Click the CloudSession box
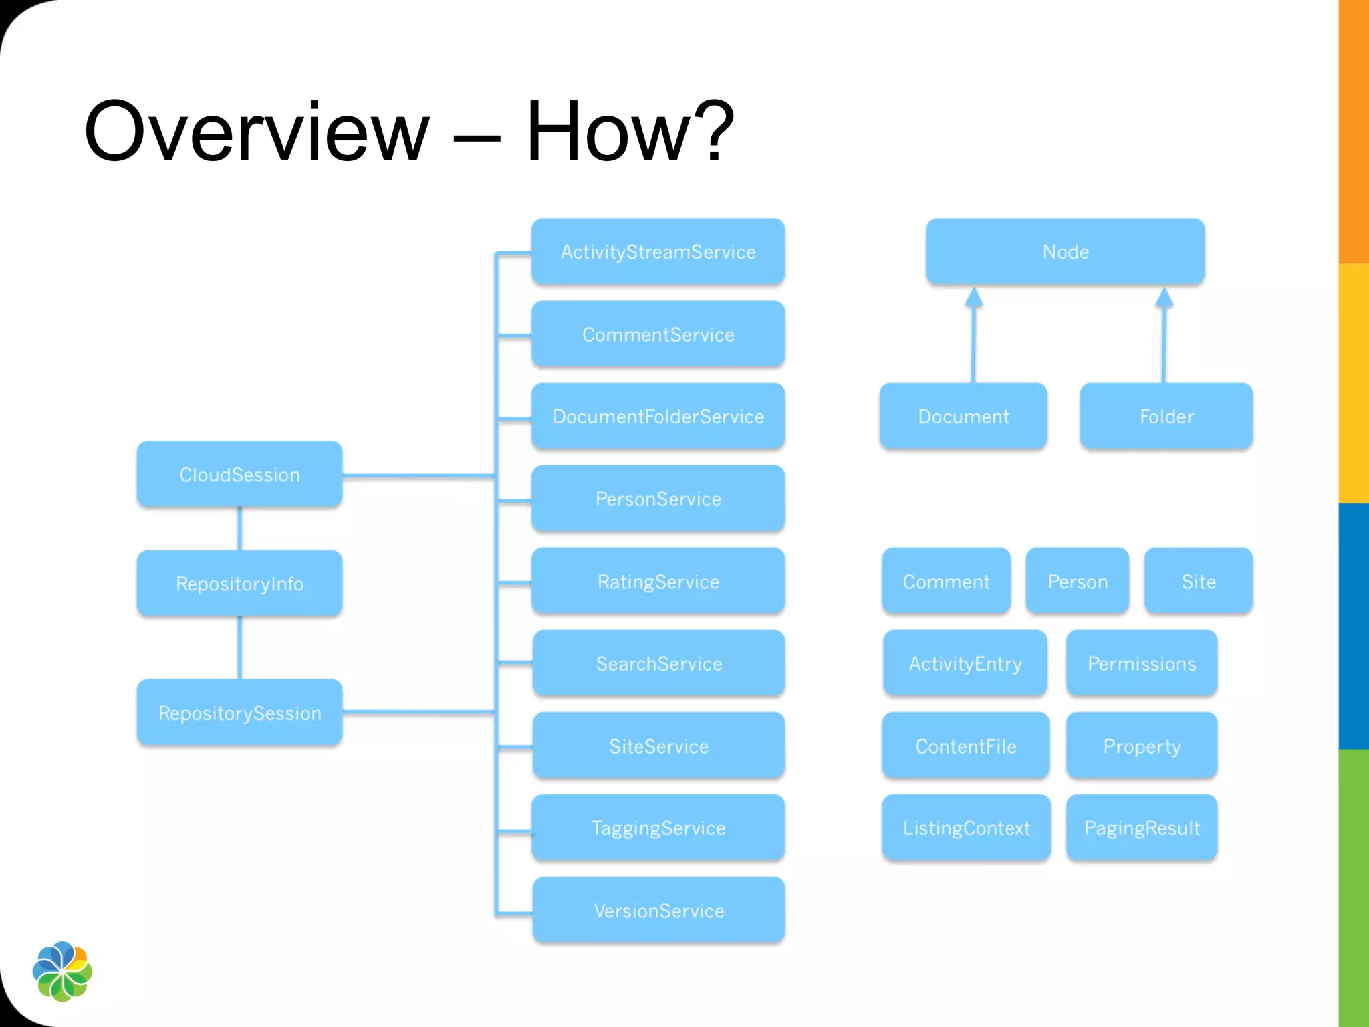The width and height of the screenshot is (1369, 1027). click(x=239, y=475)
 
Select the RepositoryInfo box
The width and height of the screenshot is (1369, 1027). click(x=239, y=584)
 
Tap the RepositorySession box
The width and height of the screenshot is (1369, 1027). click(x=239, y=713)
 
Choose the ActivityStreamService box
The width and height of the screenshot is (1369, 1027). click(x=658, y=252)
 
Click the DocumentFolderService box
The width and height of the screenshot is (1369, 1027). click(x=658, y=417)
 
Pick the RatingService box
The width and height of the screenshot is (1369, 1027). click(x=658, y=582)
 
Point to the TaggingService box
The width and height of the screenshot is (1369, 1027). click(x=658, y=828)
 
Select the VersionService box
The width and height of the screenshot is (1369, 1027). click(x=658, y=911)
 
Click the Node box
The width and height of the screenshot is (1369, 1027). click(x=1066, y=252)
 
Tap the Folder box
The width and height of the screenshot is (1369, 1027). click(x=1166, y=417)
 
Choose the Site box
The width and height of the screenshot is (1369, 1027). click(x=1199, y=582)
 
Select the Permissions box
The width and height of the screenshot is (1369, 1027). click(x=1142, y=664)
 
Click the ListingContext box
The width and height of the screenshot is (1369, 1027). click(x=966, y=828)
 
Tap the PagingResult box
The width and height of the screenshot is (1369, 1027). click(x=1142, y=828)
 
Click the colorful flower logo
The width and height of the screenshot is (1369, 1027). click(x=62, y=971)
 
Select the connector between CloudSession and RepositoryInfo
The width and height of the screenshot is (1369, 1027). click(x=239, y=528)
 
